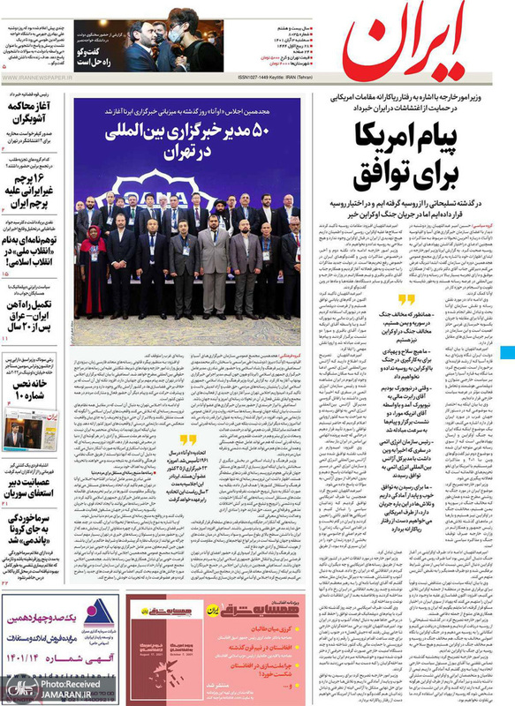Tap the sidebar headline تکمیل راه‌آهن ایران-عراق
[30, 313]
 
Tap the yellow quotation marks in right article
[405, 299]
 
